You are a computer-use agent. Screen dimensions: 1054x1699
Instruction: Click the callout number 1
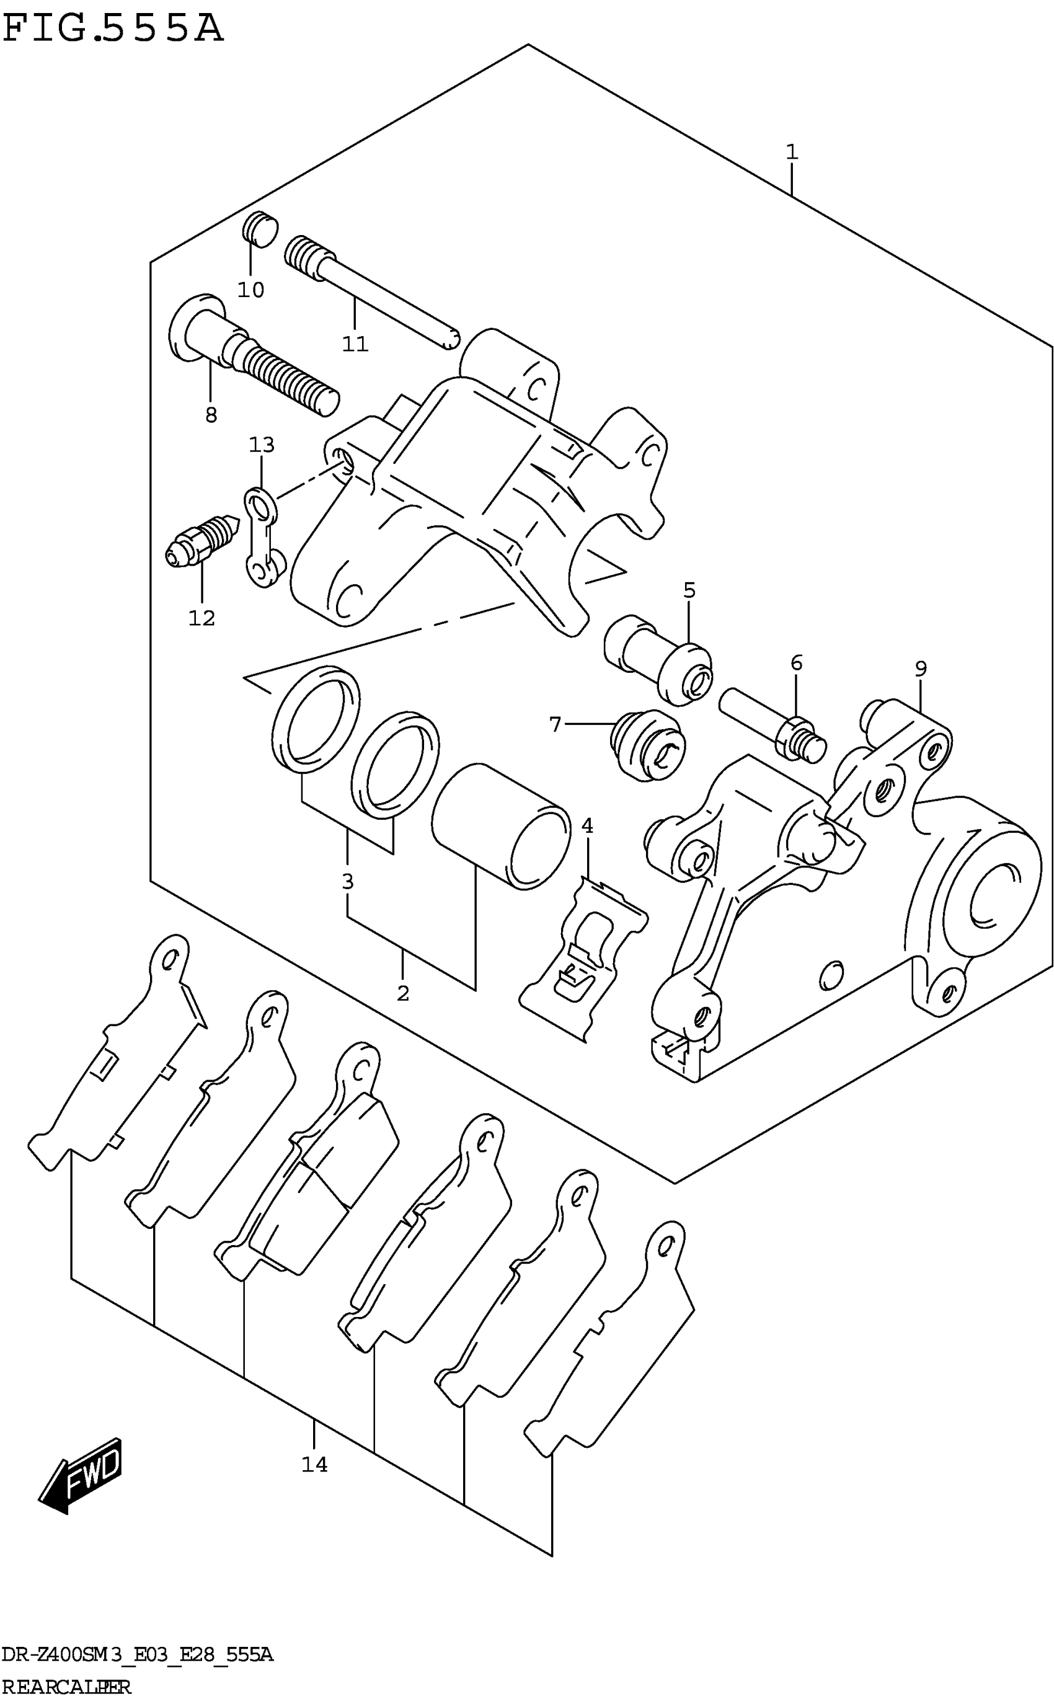coord(791,152)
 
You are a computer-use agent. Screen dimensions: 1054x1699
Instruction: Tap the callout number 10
coord(251,290)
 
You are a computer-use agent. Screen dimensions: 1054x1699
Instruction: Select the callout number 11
coord(355,344)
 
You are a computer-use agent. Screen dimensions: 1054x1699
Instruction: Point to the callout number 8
coord(211,415)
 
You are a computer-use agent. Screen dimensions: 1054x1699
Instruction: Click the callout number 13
coord(262,445)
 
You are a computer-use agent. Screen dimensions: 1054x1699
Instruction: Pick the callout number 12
coord(201,618)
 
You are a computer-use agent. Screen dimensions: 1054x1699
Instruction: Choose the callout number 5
coord(689,590)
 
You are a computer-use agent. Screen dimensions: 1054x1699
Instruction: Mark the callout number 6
coord(796,662)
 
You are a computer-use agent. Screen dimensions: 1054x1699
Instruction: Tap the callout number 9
coord(921,668)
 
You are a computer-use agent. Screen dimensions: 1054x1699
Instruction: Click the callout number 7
coord(555,725)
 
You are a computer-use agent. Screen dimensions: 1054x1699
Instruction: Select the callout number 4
coord(587,826)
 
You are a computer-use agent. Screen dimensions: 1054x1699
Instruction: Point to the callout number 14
coord(314,1465)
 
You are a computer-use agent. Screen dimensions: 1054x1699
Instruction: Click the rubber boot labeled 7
coord(647,745)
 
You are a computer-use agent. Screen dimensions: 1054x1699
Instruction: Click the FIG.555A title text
coord(113,29)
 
